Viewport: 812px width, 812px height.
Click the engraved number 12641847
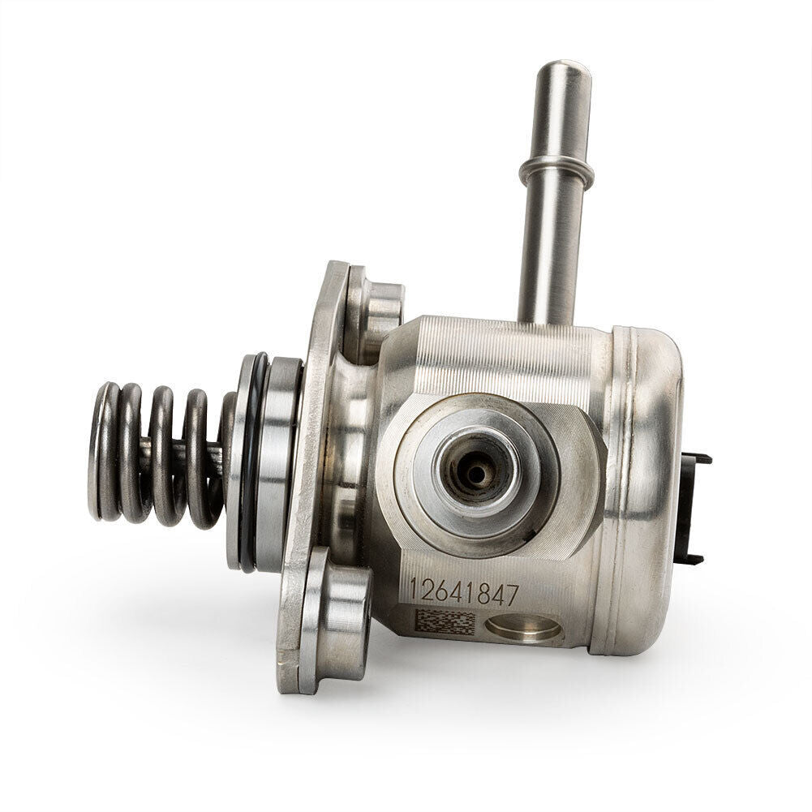click(463, 592)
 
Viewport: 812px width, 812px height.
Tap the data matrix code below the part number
click(445, 622)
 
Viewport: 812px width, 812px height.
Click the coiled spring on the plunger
click(157, 455)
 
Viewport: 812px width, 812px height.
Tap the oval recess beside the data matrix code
click(523, 628)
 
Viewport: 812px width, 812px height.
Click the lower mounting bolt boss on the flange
click(336, 621)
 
